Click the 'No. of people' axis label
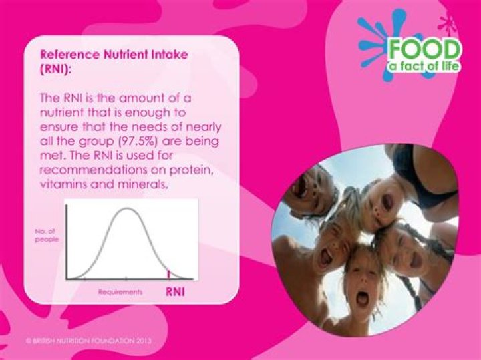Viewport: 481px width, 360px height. coord(47,235)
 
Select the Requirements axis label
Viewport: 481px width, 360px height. coord(120,292)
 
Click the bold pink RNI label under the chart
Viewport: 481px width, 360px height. coord(175,292)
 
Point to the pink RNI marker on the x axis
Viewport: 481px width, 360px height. coord(168,273)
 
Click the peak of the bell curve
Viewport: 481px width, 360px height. coord(126,210)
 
